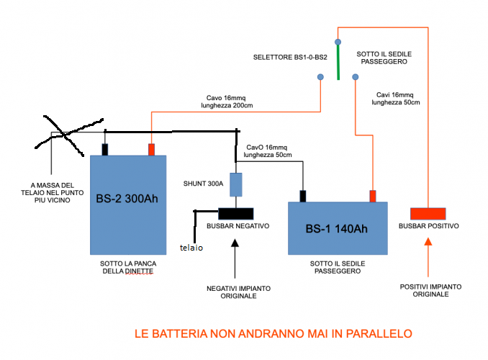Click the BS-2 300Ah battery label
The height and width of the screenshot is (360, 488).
click(x=127, y=199)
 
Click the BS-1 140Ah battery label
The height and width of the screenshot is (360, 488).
click(x=336, y=229)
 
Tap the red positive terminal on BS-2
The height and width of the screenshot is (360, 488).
click(x=152, y=149)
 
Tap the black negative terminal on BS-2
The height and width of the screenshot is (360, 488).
click(x=104, y=149)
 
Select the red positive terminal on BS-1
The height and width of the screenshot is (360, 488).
click(x=373, y=196)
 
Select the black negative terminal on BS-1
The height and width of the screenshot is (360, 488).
click(x=304, y=196)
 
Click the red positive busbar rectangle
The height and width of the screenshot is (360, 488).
click(x=428, y=214)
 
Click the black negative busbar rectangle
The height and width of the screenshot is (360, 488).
click(x=235, y=214)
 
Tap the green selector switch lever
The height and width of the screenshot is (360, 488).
click(x=338, y=58)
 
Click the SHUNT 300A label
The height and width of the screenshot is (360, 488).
click(x=204, y=183)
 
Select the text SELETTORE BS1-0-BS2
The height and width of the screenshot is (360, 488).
click(x=290, y=57)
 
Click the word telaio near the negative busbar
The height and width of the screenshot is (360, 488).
click(x=191, y=248)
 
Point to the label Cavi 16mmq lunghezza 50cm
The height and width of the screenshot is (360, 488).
click(x=395, y=99)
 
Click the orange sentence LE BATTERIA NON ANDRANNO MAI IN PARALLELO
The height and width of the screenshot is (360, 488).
click(x=273, y=333)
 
